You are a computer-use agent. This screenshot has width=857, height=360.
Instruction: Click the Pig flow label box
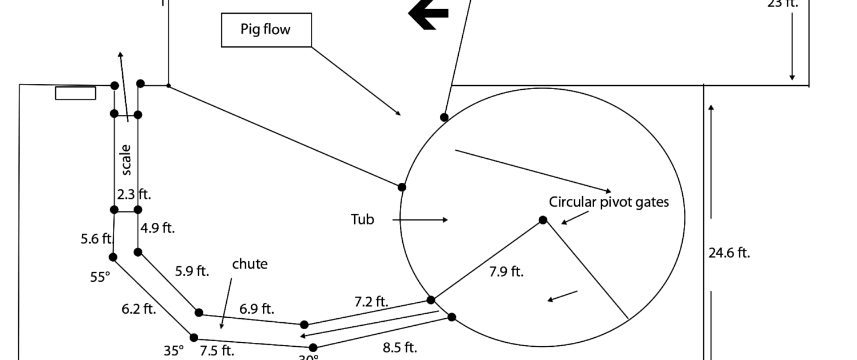[266, 30]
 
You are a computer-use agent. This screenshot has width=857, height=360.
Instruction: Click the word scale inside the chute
[126, 159]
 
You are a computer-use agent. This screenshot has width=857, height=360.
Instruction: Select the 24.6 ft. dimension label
[729, 253]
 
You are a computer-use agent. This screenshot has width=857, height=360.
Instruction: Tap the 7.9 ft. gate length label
[506, 271]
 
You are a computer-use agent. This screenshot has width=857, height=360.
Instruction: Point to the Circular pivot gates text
[608, 202]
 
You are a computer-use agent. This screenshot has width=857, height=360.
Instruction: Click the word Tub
[362, 219]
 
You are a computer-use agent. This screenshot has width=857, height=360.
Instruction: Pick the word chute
[250, 264]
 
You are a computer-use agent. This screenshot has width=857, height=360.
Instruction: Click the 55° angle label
[99, 277]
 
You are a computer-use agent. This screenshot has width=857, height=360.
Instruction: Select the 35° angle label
[174, 351]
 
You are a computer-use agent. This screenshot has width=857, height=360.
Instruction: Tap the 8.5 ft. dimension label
[400, 347]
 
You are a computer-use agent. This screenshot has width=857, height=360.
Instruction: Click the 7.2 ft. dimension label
[371, 301]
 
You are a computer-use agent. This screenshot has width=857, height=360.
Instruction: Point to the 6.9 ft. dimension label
[257, 309]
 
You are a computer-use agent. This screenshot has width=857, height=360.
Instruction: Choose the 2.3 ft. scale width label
[134, 194]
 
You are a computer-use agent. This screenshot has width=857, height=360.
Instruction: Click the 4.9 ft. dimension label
[158, 228]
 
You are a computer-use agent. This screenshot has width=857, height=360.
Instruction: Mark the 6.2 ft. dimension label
[139, 309]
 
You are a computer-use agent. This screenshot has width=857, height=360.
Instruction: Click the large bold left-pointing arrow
[428, 14]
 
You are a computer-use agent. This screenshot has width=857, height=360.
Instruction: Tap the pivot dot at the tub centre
[543, 220]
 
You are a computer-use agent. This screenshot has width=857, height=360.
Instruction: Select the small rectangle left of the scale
[75, 93]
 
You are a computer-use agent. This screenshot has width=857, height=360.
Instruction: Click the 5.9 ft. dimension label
[192, 271]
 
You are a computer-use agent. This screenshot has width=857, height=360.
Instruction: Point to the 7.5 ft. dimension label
[217, 350]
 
